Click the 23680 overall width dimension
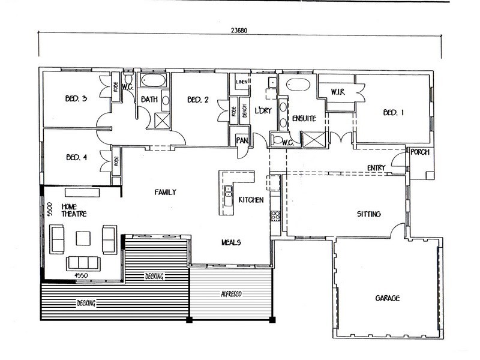pyautogui.click(x=239, y=31)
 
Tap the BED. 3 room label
pyautogui.click(x=76, y=98)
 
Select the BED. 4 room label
pyautogui.click(x=77, y=157)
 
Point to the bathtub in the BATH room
pyautogui.click(x=154, y=80)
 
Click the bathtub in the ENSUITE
pyautogui.click(x=298, y=85)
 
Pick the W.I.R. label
pyautogui.click(x=338, y=92)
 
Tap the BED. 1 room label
pyautogui.click(x=394, y=113)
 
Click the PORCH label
pyautogui.click(x=419, y=152)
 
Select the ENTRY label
pyautogui.click(x=376, y=168)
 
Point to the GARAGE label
pyautogui.click(x=387, y=298)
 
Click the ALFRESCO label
pyautogui.click(x=232, y=294)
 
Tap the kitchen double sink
pyautogui.click(x=228, y=196)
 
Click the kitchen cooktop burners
pyautogui.click(x=275, y=215)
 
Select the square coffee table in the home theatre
pyautogui.click(x=83, y=238)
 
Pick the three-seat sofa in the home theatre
pyautogui.click(x=83, y=263)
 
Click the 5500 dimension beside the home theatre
pyautogui.click(x=50, y=209)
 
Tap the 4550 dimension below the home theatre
pyautogui.click(x=81, y=275)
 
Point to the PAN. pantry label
pyautogui.click(x=242, y=140)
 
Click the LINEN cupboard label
pyautogui.click(x=242, y=82)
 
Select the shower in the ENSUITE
pyautogui.click(x=314, y=139)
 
